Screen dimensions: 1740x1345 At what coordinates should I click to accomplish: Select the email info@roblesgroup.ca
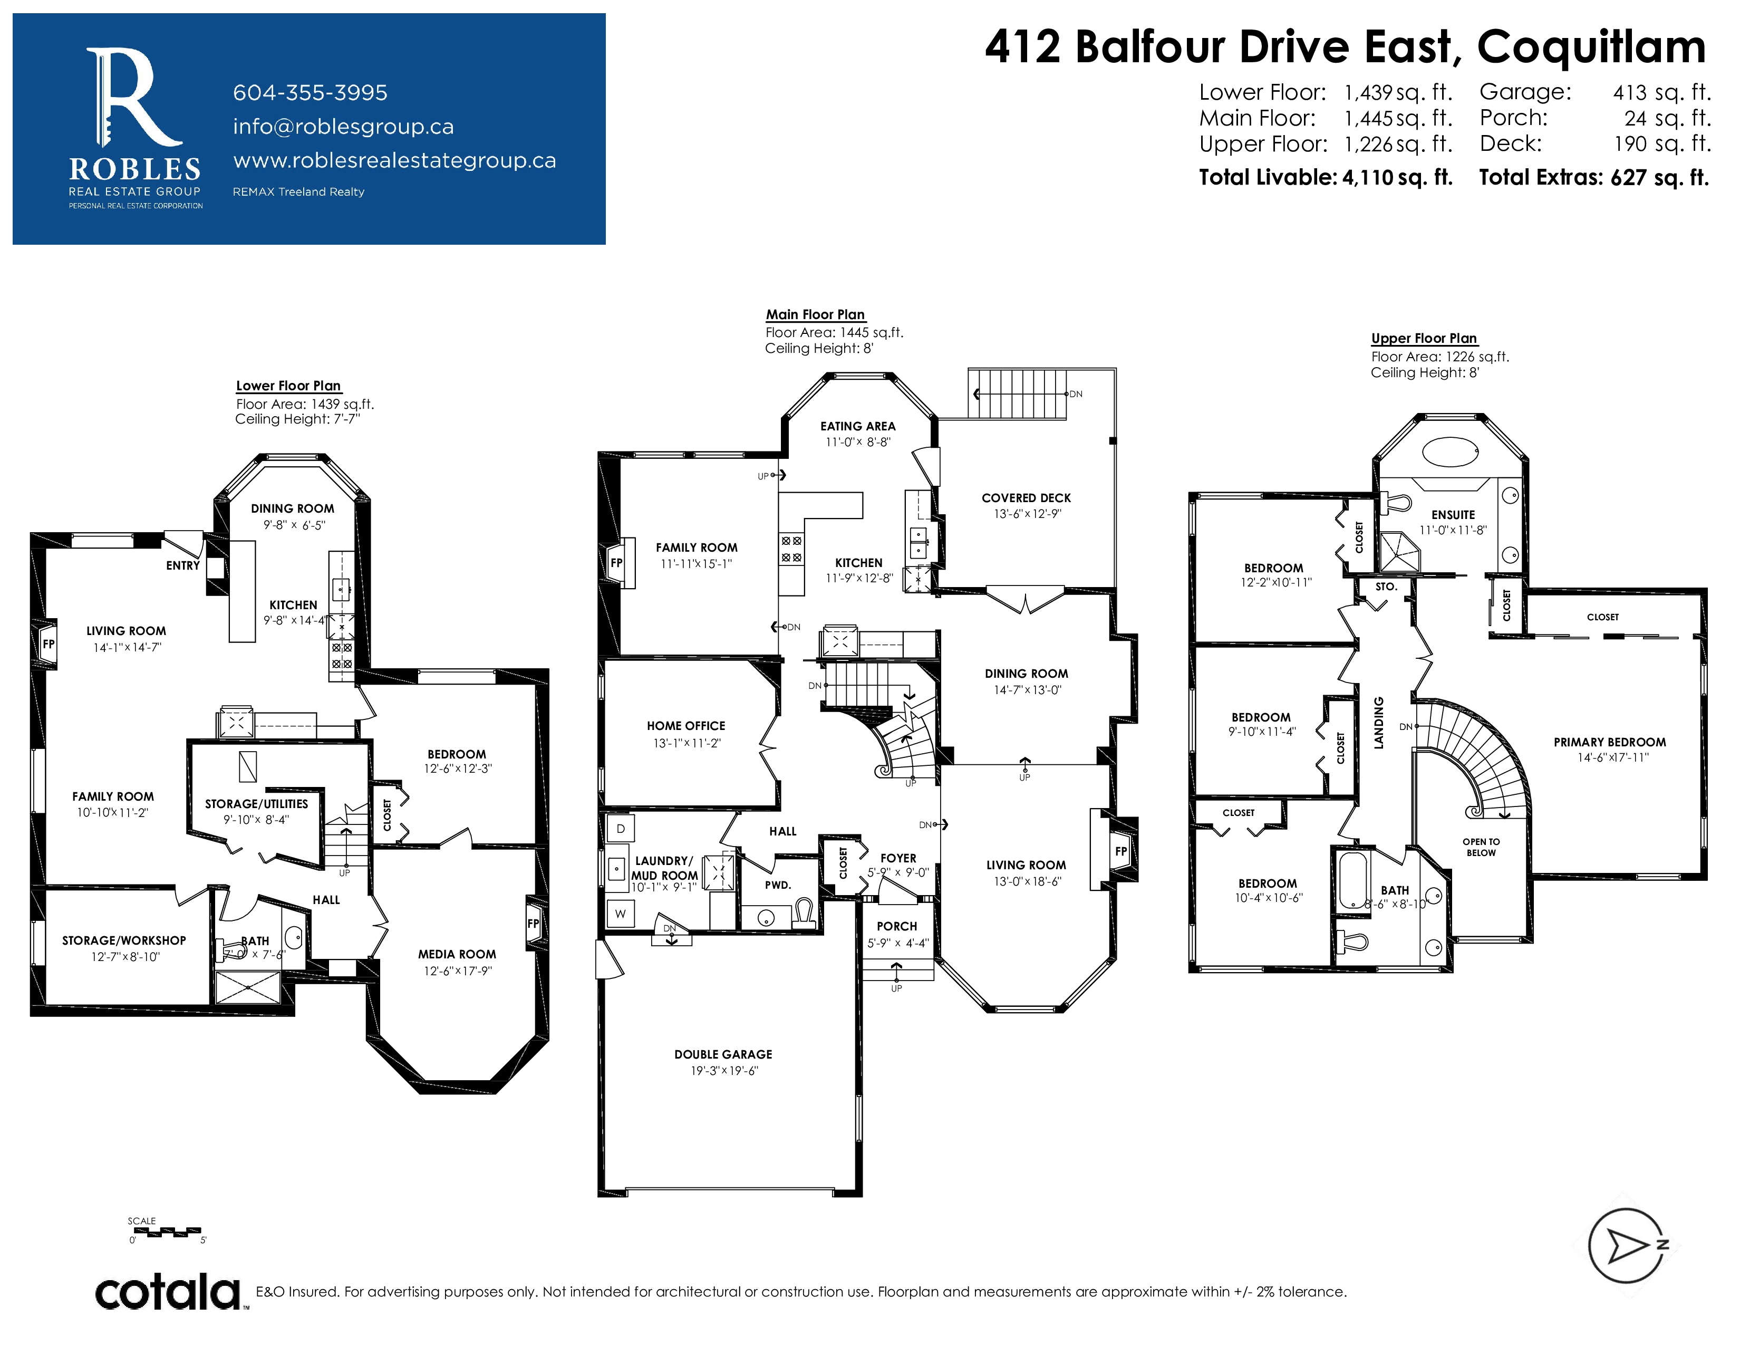pyautogui.click(x=343, y=127)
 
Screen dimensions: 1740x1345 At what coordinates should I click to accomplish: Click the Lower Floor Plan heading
pyautogui.click(x=288, y=386)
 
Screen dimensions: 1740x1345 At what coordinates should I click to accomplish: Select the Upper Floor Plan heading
pyautogui.click(x=1424, y=338)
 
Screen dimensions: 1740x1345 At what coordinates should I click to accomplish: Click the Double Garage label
pyautogui.click(x=723, y=1054)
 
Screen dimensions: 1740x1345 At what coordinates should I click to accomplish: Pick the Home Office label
pyautogui.click(x=686, y=726)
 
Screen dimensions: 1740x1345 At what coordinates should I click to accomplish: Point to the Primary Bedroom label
pyautogui.click(x=1609, y=742)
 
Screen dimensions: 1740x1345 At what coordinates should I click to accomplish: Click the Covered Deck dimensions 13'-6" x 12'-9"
pyautogui.click(x=1027, y=514)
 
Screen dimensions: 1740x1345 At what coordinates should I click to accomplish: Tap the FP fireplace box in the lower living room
pyautogui.click(x=48, y=644)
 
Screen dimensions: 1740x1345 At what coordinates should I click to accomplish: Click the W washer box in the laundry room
pyautogui.click(x=621, y=914)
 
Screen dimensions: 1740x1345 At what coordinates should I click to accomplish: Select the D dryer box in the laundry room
pyautogui.click(x=621, y=829)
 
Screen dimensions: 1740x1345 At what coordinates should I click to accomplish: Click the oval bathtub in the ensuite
pyautogui.click(x=1450, y=452)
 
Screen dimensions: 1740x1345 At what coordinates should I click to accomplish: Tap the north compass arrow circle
pyautogui.click(x=1625, y=1245)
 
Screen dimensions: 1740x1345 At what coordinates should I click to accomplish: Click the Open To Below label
pyautogui.click(x=1481, y=847)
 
